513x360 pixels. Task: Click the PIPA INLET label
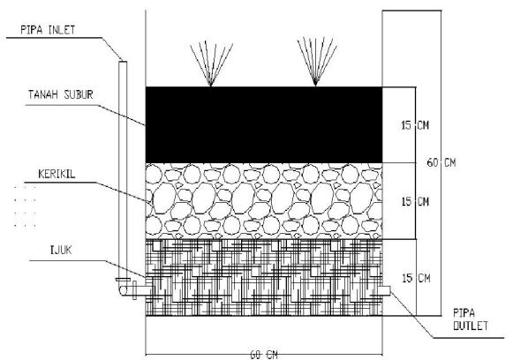point(48,30)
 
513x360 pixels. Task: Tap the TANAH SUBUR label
point(61,94)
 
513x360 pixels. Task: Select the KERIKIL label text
point(57,174)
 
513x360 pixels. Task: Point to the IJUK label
point(61,250)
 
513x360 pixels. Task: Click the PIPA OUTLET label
point(470,319)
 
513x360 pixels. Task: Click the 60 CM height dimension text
point(441,162)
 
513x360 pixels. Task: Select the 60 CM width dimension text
point(264,355)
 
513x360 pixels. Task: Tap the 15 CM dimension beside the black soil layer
point(415,125)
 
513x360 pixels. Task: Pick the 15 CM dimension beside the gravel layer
point(415,201)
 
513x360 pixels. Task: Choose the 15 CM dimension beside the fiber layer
point(416,278)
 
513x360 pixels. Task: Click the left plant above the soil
point(211,64)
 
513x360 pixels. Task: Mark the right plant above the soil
point(316,62)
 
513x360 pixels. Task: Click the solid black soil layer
point(264,124)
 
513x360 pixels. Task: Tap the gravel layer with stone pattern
point(264,201)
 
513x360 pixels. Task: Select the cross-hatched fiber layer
point(264,278)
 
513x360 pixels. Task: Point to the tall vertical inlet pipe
point(123,170)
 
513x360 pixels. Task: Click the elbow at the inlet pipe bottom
point(124,289)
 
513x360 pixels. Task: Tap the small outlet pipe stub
point(384,290)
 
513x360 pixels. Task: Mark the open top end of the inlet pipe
point(123,61)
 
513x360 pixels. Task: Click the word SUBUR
point(79,94)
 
